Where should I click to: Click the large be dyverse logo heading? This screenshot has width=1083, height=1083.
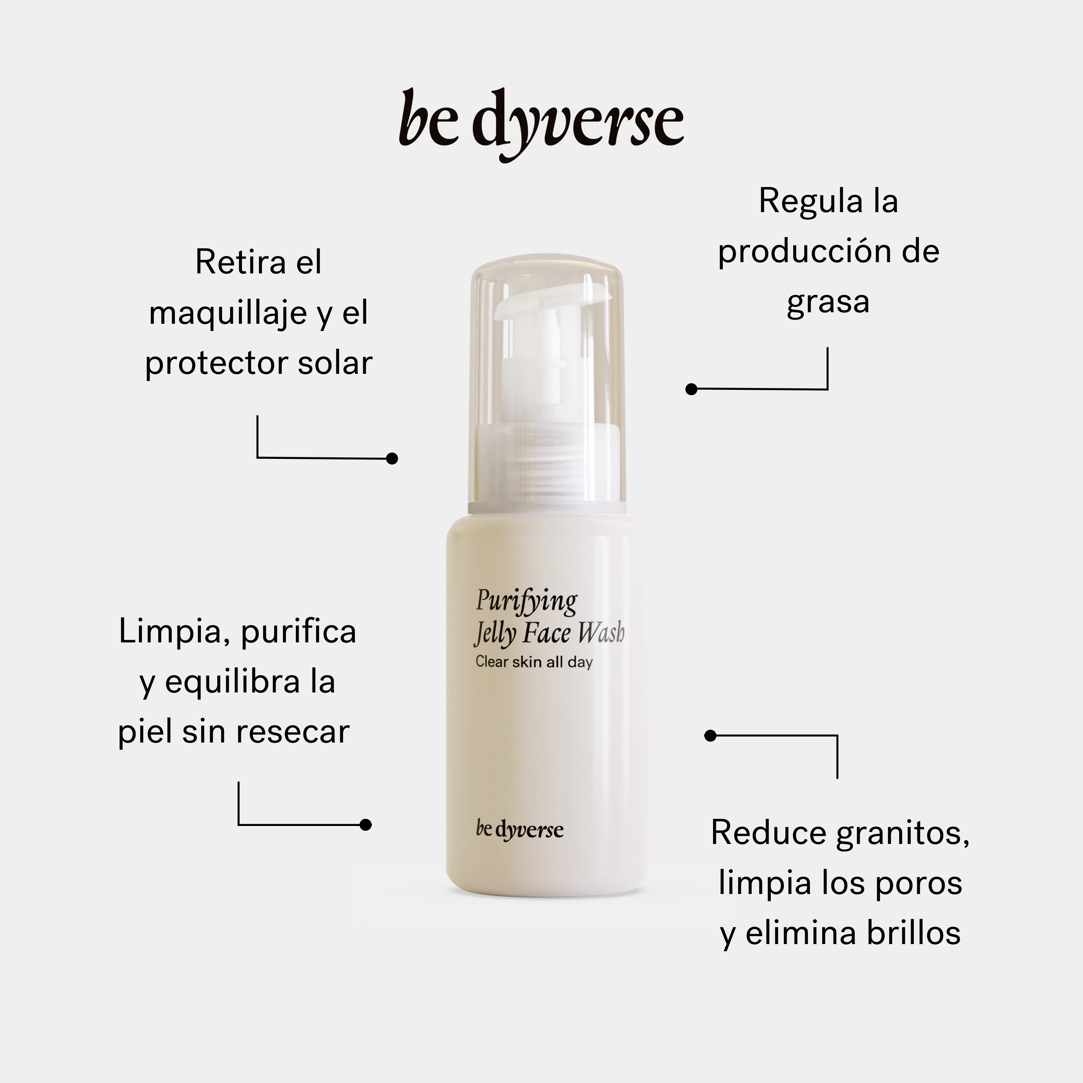tap(541, 125)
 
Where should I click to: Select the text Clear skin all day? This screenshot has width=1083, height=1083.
tap(534, 662)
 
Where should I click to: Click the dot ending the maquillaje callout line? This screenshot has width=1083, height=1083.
tap(392, 459)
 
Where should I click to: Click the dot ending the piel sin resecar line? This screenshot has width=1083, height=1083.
tap(365, 825)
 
